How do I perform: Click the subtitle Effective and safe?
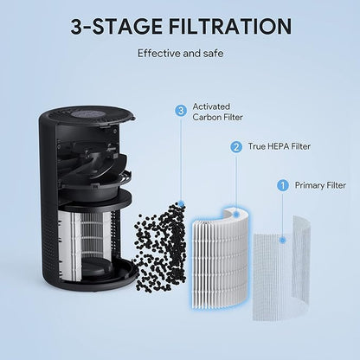[179, 53]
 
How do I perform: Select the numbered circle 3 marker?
[180, 110]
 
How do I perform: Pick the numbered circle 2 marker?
[235, 147]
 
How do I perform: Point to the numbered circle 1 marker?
[281, 184]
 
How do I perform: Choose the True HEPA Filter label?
[279, 148]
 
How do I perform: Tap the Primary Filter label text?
[320, 184]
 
